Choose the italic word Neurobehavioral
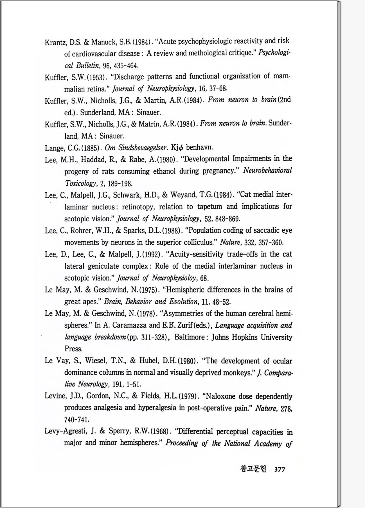[x=267, y=170]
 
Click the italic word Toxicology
[x=80, y=183]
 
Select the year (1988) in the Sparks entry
[x=171, y=231]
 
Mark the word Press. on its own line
[x=73, y=349]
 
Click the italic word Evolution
[x=183, y=302]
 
